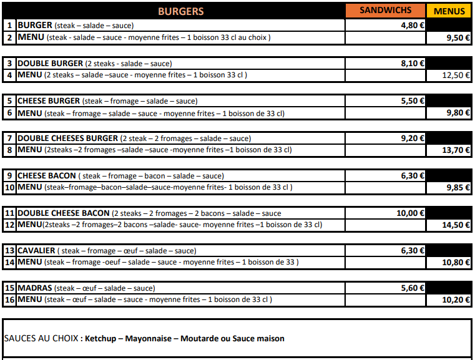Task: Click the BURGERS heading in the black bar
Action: click(180, 11)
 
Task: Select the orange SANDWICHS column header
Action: click(384, 11)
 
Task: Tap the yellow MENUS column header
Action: click(449, 11)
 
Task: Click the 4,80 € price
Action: click(413, 26)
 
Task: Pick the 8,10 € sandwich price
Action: click(413, 63)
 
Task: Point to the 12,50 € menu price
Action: click(456, 75)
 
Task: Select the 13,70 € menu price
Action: click(456, 150)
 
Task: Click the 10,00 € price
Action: click(411, 213)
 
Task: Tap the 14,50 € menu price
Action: click(456, 225)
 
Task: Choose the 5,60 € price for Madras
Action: click(413, 288)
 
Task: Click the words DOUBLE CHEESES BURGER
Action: click(67, 139)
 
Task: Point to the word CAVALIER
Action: click(36, 251)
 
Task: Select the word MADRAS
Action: click(34, 288)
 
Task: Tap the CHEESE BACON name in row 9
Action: click(47, 176)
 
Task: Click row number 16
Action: click(9, 300)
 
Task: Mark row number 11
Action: click(9, 213)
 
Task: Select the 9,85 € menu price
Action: click(458, 188)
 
